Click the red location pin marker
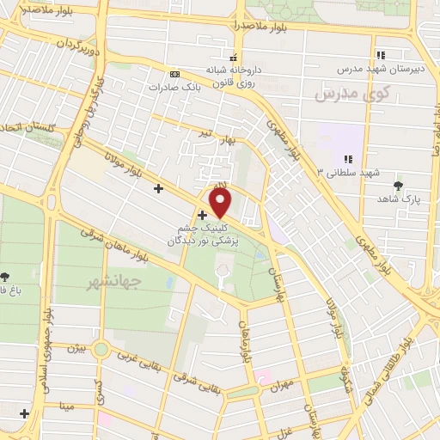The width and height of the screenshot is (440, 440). [x=222, y=203]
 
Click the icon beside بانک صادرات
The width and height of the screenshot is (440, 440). [x=175, y=74]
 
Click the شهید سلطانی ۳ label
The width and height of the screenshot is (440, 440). [x=348, y=173]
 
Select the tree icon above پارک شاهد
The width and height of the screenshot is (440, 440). [x=397, y=186]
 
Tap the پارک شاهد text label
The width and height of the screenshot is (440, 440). [x=396, y=199]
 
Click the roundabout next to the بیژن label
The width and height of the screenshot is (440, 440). [x=102, y=350]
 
